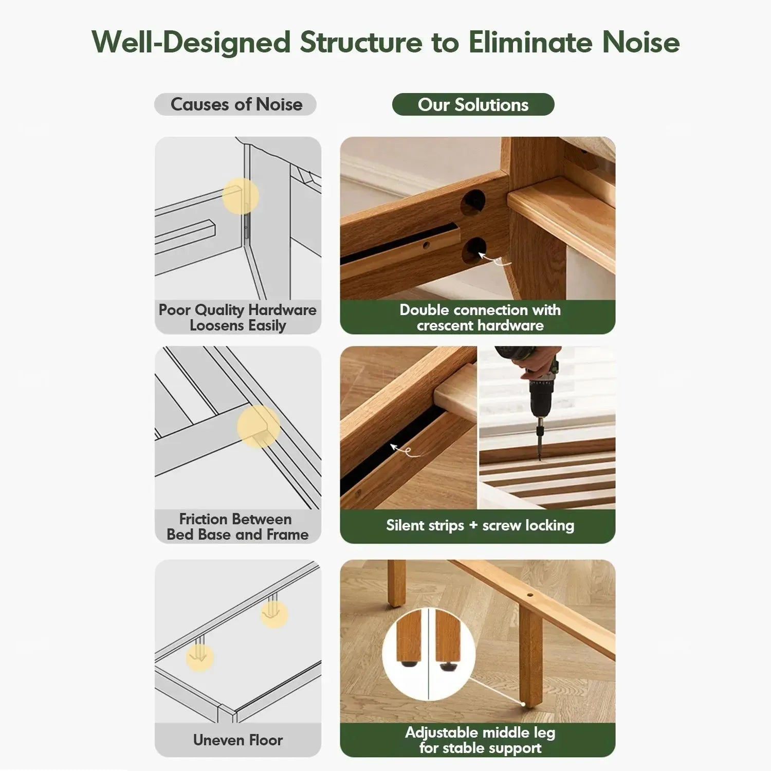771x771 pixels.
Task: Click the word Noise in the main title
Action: [641, 42]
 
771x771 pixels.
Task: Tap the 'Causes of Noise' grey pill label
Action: [235, 104]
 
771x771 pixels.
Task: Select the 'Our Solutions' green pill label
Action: [473, 104]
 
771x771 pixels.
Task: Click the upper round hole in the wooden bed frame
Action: [473, 201]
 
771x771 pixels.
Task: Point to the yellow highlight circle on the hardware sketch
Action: [241, 196]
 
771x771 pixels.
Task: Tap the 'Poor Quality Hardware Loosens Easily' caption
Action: [237, 318]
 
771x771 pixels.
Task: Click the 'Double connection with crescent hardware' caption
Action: [480, 318]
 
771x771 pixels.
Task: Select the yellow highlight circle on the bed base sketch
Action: [259, 426]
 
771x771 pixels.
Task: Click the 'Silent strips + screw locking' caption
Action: [480, 525]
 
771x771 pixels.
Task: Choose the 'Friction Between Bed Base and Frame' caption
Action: [237, 526]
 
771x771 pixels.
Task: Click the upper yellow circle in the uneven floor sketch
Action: [274, 614]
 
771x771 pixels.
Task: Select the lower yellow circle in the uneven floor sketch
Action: [200, 657]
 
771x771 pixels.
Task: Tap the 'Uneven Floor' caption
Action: [238, 740]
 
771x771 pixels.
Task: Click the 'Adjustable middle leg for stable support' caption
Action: [480, 740]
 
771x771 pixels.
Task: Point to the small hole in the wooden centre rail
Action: [530, 597]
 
